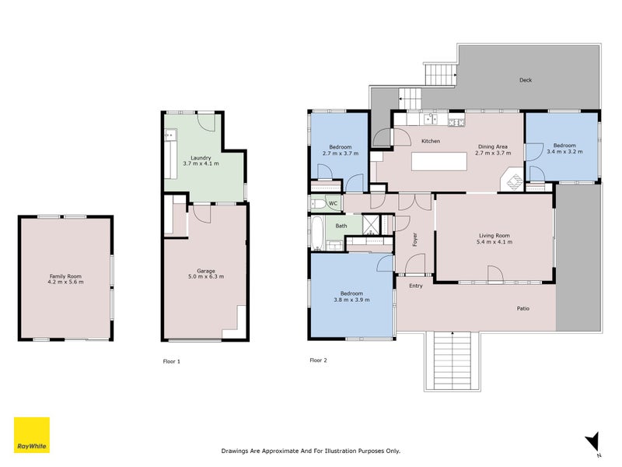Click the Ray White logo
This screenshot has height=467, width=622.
coord(32,435)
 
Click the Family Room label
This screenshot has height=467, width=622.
coord(65,276)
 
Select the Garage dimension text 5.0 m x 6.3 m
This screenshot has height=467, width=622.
coord(206,276)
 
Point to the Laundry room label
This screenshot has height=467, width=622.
coord(201,158)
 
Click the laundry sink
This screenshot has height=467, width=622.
coord(170,135)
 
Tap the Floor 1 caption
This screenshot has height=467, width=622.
coord(171,361)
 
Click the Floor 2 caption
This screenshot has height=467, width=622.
coord(318,360)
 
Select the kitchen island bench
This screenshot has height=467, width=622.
coord(439,161)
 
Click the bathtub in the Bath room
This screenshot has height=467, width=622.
coord(317,233)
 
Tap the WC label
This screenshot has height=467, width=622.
coord(333,203)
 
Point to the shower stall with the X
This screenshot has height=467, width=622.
coord(371,225)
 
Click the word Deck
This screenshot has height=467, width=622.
coord(526,80)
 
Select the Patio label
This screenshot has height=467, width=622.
coord(522,308)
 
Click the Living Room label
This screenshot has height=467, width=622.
coord(494,236)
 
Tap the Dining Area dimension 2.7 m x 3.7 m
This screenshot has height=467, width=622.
coord(493,153)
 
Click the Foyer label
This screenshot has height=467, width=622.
coord(415,240)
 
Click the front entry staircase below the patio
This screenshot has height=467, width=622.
coord(453,361)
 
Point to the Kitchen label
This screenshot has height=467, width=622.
coord(431,141)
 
